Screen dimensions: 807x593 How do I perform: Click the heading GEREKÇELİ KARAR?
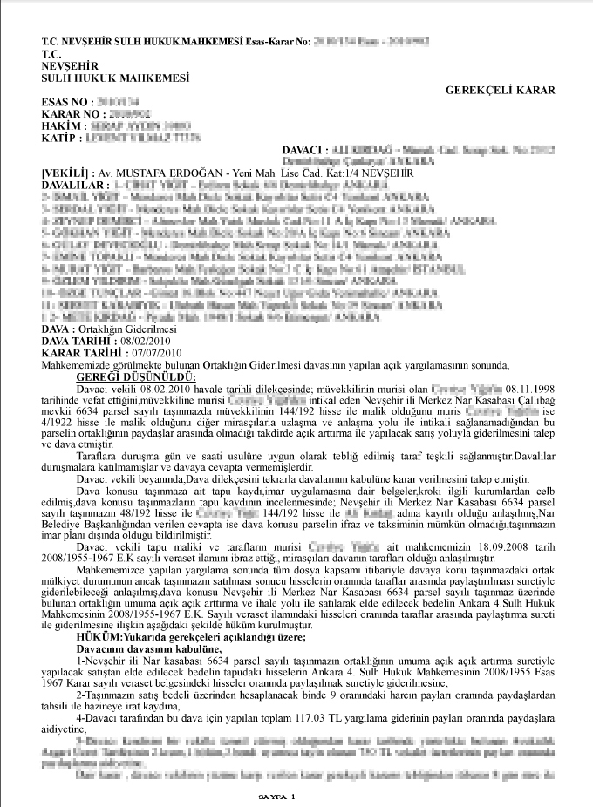tap(501, 90)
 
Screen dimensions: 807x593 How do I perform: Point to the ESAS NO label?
tap(65, 102)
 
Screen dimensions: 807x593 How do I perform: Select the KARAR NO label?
tap(69, 114)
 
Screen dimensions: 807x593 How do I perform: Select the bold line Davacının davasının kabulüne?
tap(145, 650)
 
